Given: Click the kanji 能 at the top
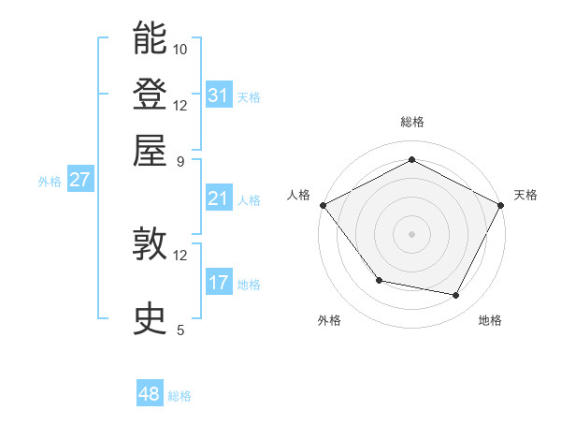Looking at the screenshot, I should click(x=150, y=38).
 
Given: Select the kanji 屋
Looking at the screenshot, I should click(x=150, y=151).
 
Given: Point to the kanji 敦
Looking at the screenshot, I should click(x=150, y=244).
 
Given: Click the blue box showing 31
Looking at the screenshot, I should click(x=219, y=95).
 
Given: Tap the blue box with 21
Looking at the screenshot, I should click(x=219, y=198).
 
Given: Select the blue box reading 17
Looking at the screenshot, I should click(x=219, y=283).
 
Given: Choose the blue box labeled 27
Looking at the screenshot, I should click(x=79, y=180).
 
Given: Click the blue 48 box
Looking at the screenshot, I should click(x=150, y=394).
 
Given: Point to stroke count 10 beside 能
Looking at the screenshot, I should click(x=180, y=49).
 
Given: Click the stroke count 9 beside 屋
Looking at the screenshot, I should click(x=180, y=161).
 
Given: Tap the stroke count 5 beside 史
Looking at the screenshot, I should click(x=180, y=330).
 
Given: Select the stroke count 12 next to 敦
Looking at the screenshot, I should click(x=180, y=255).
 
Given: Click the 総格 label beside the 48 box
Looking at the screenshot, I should click(x=180, y=396).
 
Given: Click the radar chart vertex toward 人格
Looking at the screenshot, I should click(x=323, y=204).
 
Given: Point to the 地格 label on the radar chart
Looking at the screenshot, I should click(x=490, y=320).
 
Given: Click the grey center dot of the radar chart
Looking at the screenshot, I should click(x=411, y=233).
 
